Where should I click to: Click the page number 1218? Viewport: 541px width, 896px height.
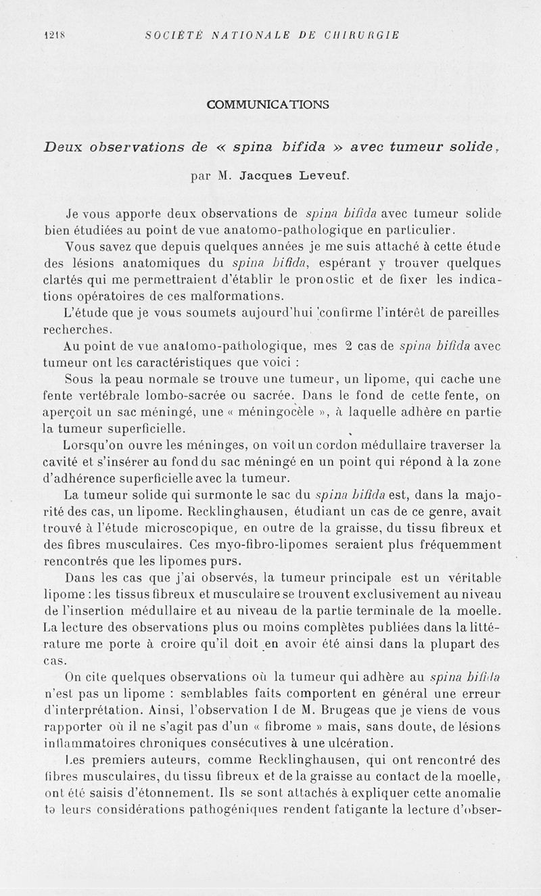(x=52, y=34)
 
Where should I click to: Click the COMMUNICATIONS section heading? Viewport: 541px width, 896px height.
(x=268, y=104)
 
